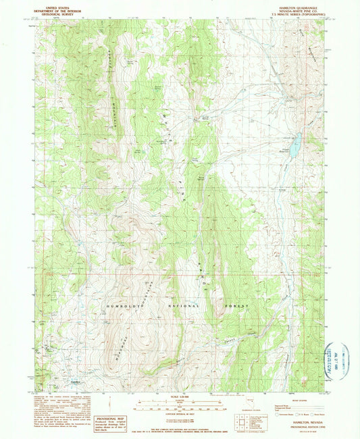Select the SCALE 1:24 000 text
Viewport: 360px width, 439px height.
click(x=179, y=396)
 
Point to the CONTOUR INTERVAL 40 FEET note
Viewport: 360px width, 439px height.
click(x=179, y=413)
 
